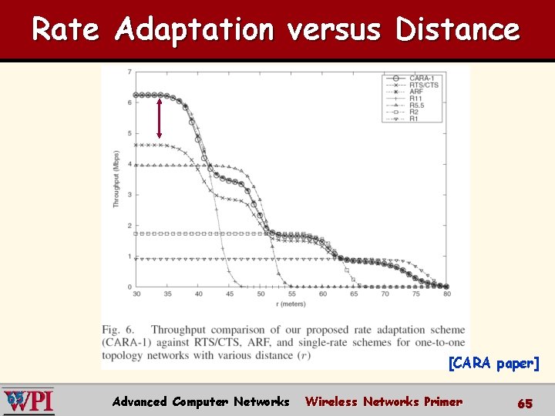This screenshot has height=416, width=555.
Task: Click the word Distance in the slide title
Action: point(457,29)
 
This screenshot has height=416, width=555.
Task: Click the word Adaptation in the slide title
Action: point(194,29)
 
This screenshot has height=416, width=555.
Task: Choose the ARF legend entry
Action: point(413,92)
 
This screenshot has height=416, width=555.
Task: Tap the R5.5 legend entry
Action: point(413,106)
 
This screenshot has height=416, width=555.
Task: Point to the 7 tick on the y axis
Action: point(129,72)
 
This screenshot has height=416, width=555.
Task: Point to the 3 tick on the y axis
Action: point(129,195)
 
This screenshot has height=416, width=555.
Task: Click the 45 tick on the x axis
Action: point(230,294)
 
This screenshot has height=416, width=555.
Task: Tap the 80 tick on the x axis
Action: point(447,294)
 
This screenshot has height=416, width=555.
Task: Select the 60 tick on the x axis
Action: point(323,294)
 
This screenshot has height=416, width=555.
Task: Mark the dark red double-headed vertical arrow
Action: point(159,117)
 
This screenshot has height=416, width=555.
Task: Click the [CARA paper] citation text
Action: point(493,363)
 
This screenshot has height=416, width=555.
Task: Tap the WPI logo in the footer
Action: point(28,401)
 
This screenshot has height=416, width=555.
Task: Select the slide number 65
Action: point(524,402)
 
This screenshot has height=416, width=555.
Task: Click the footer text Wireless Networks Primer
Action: point(383,401)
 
